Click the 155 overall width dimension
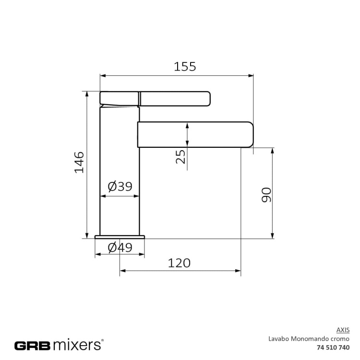(185, 67)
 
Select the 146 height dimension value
(79, 162)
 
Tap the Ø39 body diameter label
(120, 186)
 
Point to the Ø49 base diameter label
(120, 248)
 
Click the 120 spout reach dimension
(179, 263)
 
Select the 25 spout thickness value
(180, 156)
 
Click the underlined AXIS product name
(344, 330)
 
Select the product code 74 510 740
(334, 347)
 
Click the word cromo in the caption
(340, 338)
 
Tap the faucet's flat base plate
(120, 237)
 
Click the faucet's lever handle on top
(175, 98)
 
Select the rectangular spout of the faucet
(195, 134)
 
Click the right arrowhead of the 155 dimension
(251, 75)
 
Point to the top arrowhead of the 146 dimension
(87, 94)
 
